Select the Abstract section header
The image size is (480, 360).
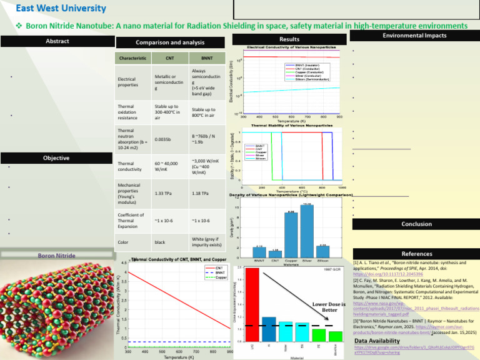[x=57, y=41]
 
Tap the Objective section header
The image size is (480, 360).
[x=57, y=158]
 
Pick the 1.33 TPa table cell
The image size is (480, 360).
[x=164, y=193]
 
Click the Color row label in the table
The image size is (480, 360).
[x=124, y=241]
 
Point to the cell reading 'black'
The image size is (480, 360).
[x=161, y=241]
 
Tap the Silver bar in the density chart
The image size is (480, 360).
[x=307, y=231]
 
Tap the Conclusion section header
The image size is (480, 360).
[x=416, y=224]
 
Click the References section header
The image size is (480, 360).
[x=416, y=254]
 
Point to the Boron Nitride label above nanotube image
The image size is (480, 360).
[x=57, y=255]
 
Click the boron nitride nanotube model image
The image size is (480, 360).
[x=56, y=306]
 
